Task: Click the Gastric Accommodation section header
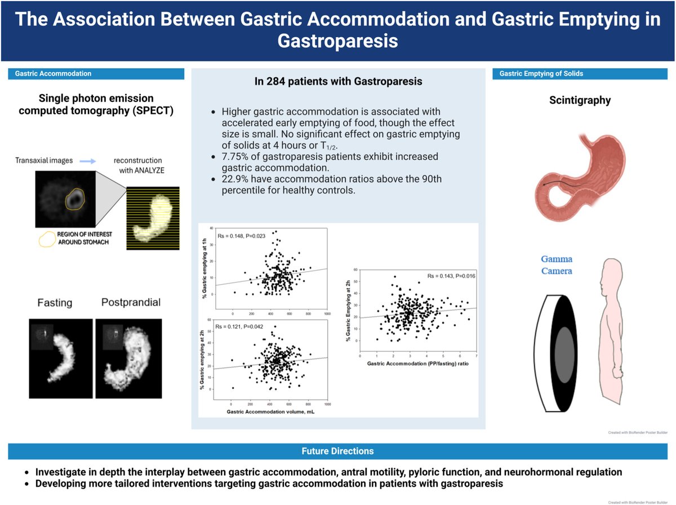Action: click(53, 74)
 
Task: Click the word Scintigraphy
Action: click(580, 101)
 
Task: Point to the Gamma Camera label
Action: click(557, 265)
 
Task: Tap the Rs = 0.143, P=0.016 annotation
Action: click(451, 276)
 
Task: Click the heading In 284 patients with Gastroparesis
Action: click(339, 82)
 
